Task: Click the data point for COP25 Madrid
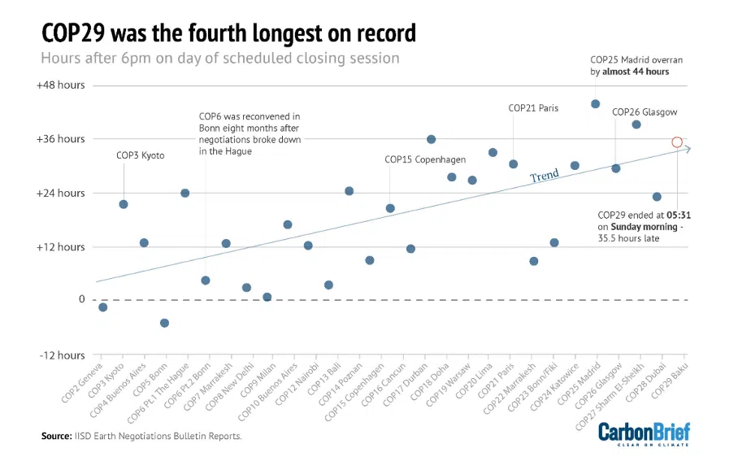[x=595, y=104]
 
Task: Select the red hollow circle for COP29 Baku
[x=677, y=142]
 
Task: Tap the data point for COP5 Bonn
[x=164, y=323]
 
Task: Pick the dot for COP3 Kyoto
[x=124, y=204]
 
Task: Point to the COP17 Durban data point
[x=431, y=140]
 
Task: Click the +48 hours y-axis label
[x=60, y=85]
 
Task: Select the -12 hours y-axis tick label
[x=61, y=355]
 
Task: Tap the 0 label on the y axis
[x=81, y=299]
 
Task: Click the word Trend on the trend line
[x=545, y=176]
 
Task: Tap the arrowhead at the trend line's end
[x=688, y=148]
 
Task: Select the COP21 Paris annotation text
[x=533, y=108]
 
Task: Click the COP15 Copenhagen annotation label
[x=424, y=159]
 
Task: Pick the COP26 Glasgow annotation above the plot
[x=644, y=112]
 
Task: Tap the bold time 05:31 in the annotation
[x=678, y=215]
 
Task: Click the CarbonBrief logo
[x=644, y=433]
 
